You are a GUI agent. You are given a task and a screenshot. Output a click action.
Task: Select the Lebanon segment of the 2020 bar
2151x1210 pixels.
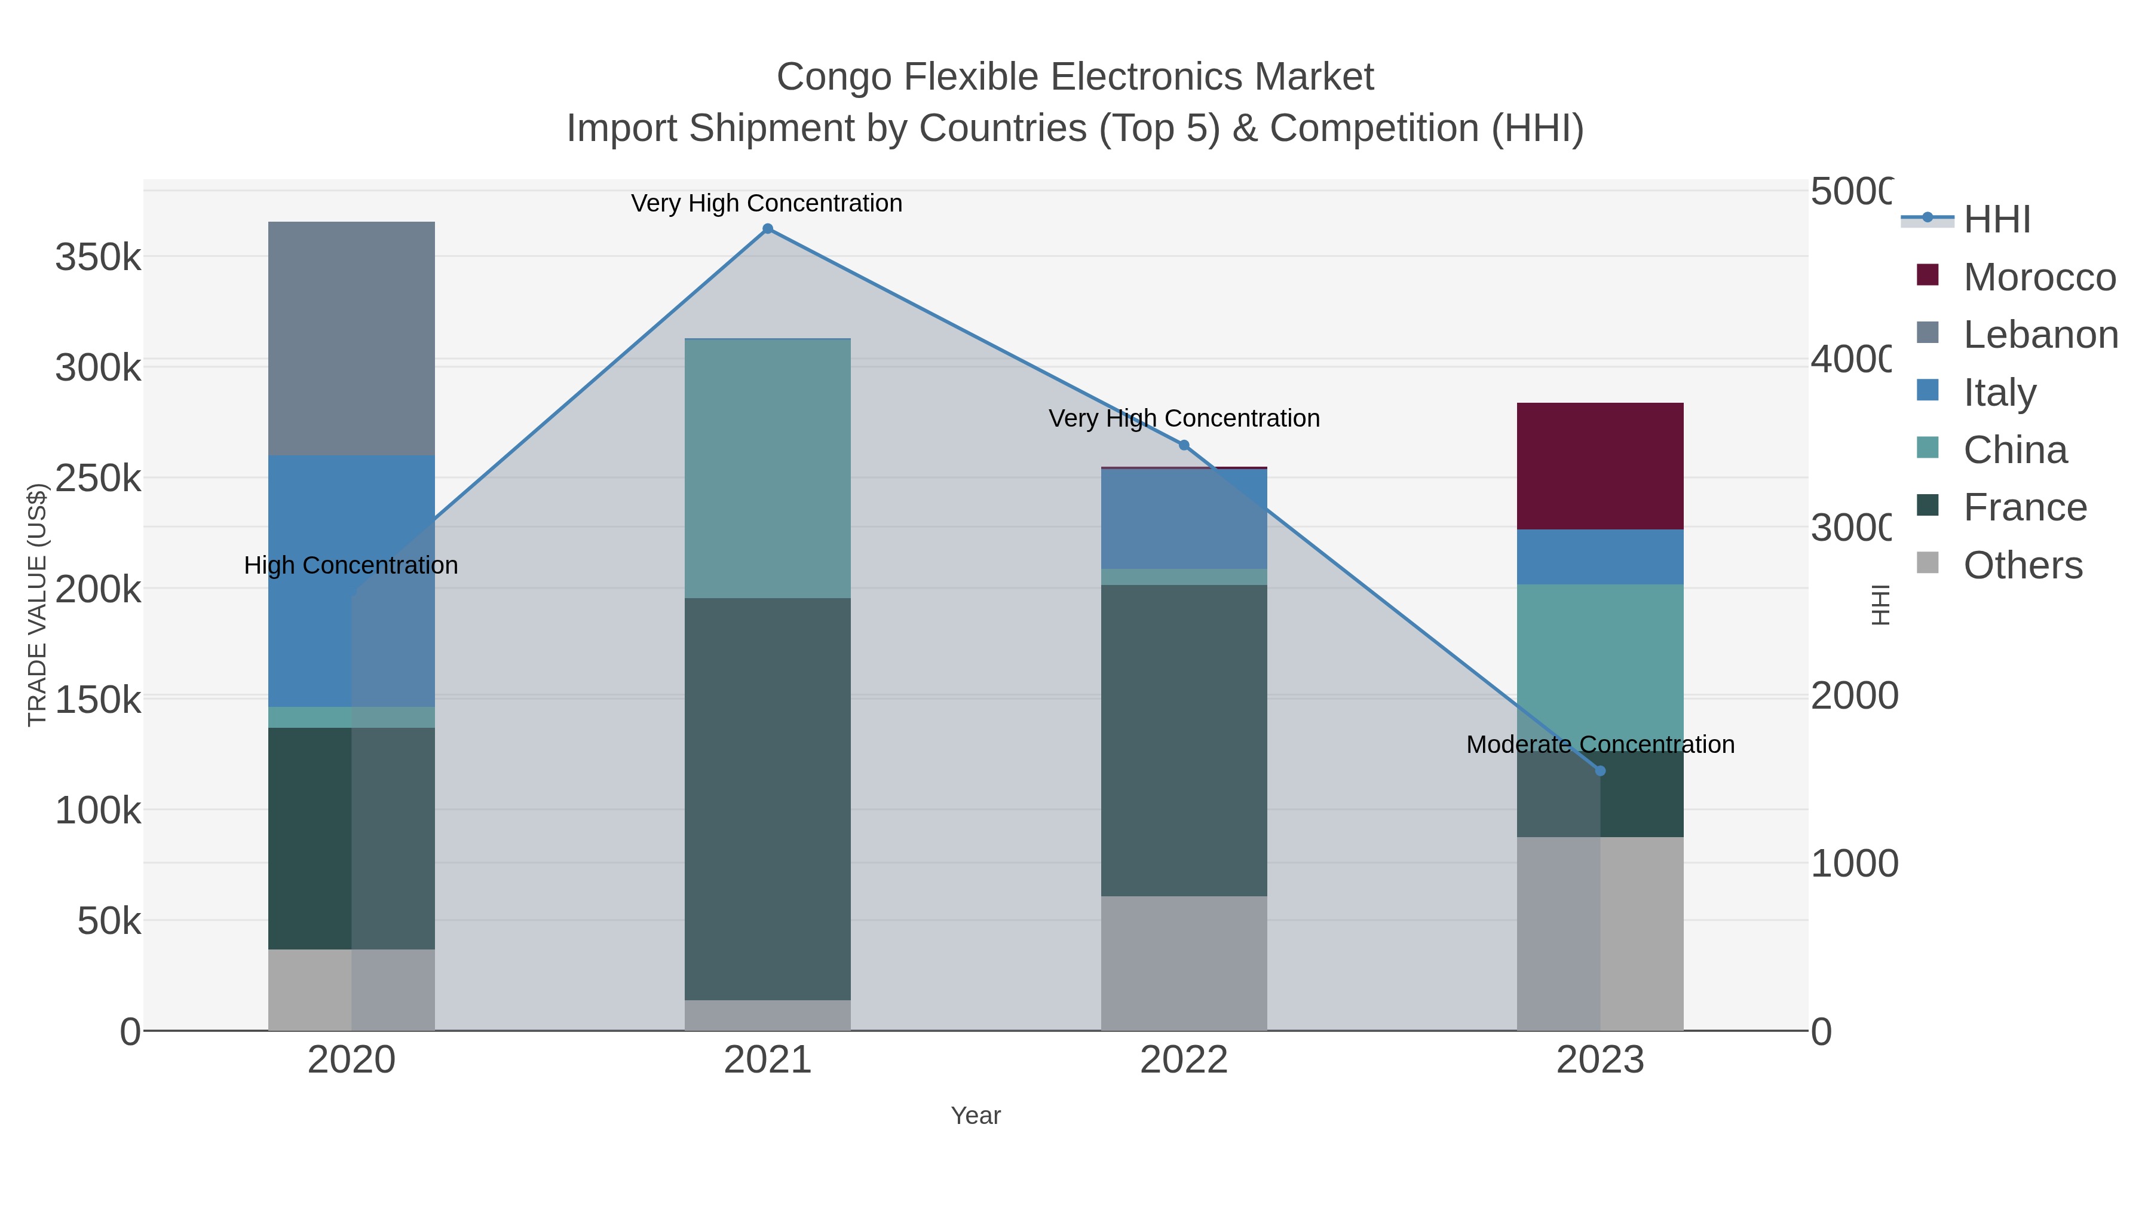pyautogui.click(x=351, y=338)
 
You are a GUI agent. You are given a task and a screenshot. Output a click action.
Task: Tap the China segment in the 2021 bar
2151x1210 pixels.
pyautogui.click(x=767, y=468)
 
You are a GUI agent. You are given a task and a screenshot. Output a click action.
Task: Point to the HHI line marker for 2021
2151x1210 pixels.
pyautogui.click(x=767, y=229)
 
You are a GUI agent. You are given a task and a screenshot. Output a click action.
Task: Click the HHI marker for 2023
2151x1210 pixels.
pyautogui.click(x=1600, y=771)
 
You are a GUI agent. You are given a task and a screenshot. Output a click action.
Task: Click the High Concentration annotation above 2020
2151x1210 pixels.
pyautogui.click(x=351, y=565)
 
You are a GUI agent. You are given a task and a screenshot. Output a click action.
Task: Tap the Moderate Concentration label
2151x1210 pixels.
pyautogui.click(x=1600, y=744)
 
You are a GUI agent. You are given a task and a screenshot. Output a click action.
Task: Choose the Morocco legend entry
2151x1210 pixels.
pyautogui.click(x=2038, y=277)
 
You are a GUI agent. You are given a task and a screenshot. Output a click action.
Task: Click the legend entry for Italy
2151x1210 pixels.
pyautogui.click(x=1999, y=393)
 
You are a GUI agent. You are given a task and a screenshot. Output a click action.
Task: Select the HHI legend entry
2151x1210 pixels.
pyautogui.click(x=1996, y=220)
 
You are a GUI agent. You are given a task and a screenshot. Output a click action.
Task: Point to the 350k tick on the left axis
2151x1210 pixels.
pyautogui.click(x=98, y=257)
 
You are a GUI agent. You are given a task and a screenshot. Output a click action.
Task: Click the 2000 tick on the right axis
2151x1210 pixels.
pyautogui.click(x=1853, y=696)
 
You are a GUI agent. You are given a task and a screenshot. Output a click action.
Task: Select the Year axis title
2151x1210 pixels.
pyautogui.click(x=975, y=1116)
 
